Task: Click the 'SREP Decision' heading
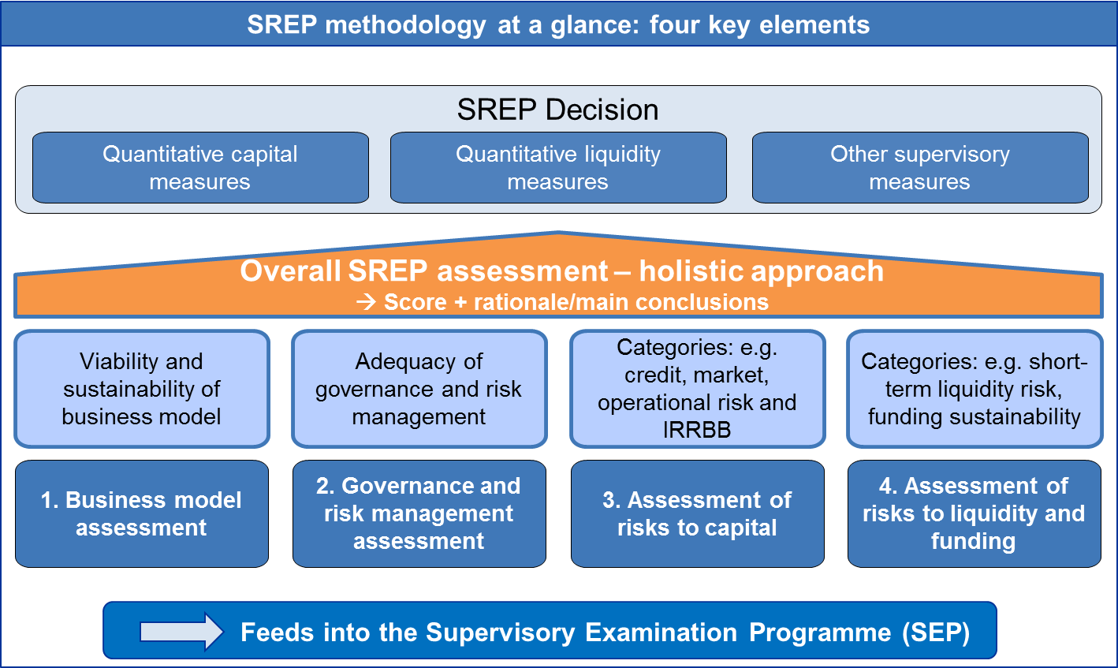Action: (x=557, y=110)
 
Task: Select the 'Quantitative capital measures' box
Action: (x=200, y=168)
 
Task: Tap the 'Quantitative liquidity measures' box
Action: (x=558, y=168)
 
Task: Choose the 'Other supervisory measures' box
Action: (x=920, y=168)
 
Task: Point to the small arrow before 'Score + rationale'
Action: (x=366, y=302)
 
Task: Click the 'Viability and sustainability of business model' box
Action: (x=142, y=389)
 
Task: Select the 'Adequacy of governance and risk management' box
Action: (x=419, y=389)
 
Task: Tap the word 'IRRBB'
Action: (x=697, y=430)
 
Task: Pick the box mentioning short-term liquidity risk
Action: (x=975, y=389)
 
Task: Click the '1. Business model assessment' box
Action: (x=142, y=513)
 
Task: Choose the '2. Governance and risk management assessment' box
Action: (x=419, y=513)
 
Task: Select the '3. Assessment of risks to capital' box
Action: (x=697, y=513)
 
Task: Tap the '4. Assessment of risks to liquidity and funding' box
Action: (x=975, y=513)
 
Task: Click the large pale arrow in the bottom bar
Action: (x=181, y=632)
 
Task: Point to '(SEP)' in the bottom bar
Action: (x=936, y=633)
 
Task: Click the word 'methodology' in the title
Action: (x=405, y=25)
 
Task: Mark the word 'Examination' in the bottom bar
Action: (x=661, y=632)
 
